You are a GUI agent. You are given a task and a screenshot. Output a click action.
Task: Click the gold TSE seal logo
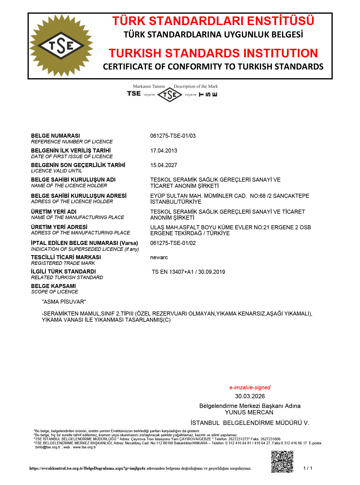tap(61, 46)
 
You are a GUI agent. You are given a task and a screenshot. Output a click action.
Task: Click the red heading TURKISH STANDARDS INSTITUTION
tap(213, 53)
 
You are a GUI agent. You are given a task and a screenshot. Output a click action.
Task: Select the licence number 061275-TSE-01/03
tap(173, 136)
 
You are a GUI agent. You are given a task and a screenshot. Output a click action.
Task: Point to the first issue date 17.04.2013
tap(164, 151)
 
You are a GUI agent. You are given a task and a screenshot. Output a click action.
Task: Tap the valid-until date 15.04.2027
tap(164, 165)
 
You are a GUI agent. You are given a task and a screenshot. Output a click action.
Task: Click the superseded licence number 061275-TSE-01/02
tap(173, 243)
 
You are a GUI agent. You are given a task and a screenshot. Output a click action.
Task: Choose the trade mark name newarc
tap(159, 257)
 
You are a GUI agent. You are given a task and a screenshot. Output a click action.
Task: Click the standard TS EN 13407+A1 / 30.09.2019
tap(188, 272)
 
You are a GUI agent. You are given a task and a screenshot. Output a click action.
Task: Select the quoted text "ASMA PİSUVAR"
tap(64, 302)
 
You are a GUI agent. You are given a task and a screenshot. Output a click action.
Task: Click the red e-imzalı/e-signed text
tap(250, 387)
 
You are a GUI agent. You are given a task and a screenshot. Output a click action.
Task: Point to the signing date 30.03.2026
tap(250, 396)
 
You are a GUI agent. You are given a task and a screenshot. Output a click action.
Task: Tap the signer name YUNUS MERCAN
tap(249, 412)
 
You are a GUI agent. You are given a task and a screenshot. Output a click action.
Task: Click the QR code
tap(282, 462)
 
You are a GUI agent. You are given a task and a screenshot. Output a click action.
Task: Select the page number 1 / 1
tap(308, 468)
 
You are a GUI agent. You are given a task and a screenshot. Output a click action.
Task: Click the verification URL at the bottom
tap(87, 468)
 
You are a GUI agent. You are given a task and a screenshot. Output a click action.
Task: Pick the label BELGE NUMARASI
tap(56, 136)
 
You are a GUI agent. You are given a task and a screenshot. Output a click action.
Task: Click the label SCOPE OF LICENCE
tap(54, 292)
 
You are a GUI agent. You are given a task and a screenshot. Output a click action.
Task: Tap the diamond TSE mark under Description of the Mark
tap(170, 95)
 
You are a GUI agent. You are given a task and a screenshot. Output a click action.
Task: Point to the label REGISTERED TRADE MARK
tap(63, 263)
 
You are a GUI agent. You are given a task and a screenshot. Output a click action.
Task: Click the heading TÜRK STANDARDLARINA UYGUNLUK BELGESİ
tap(213, 35)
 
